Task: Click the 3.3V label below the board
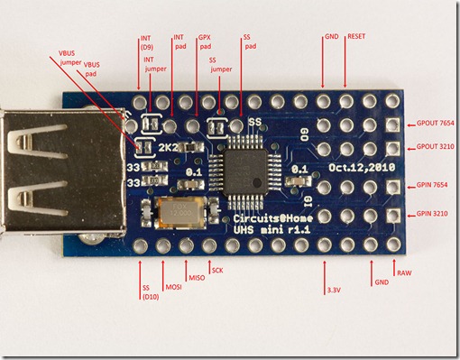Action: [334, 291]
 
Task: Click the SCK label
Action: [216, 269]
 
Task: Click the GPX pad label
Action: [205, 42]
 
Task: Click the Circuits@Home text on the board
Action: [262, 219]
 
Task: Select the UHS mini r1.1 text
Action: [262, 232]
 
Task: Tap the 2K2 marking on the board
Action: [169, 146]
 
